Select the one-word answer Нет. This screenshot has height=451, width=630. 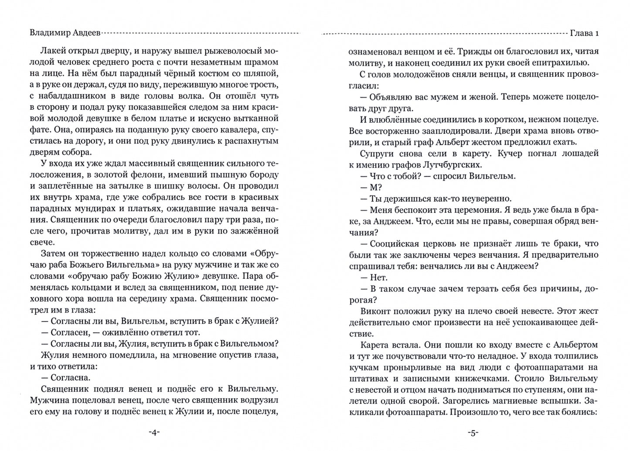coord(378,277)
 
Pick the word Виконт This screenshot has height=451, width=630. coord(376,311)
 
